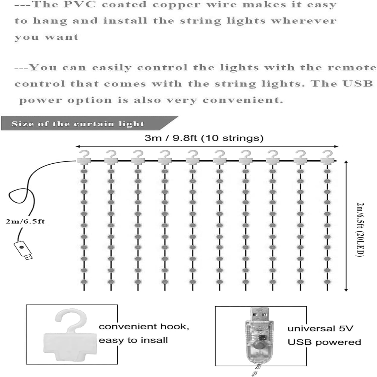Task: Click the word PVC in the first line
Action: [80, 5]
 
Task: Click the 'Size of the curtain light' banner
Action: [78, 124]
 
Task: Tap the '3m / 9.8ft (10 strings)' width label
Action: [204, 138]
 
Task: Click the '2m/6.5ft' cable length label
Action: [25, 221]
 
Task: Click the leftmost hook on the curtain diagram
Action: [84, 157]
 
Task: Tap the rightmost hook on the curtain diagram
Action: [327, 157]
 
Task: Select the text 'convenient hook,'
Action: [144, 326]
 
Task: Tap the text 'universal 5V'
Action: [320, 328]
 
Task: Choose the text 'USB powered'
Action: [324, 342]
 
